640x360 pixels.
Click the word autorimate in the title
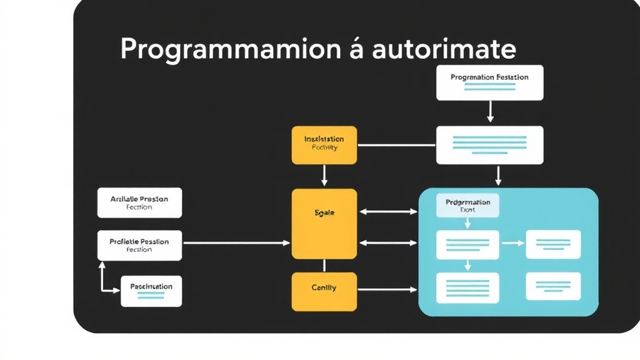pos(444,49)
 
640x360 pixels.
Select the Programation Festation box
pos(489,82)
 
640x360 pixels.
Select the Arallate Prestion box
pos(139,202)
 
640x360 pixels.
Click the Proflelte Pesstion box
pos(139,245)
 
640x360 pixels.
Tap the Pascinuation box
pos(151,291)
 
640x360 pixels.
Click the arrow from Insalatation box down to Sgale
pos(324,176)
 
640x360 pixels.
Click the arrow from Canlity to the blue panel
pos(387,289)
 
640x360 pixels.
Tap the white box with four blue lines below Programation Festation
pos(489,145)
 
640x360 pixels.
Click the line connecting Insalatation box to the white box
pos(396,145)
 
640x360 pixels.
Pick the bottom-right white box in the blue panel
pos(553,286)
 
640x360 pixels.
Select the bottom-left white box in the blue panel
pos(467,287)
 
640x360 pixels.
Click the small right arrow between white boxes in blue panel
pos(512,242)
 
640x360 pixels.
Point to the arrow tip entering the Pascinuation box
pos(117,291)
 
